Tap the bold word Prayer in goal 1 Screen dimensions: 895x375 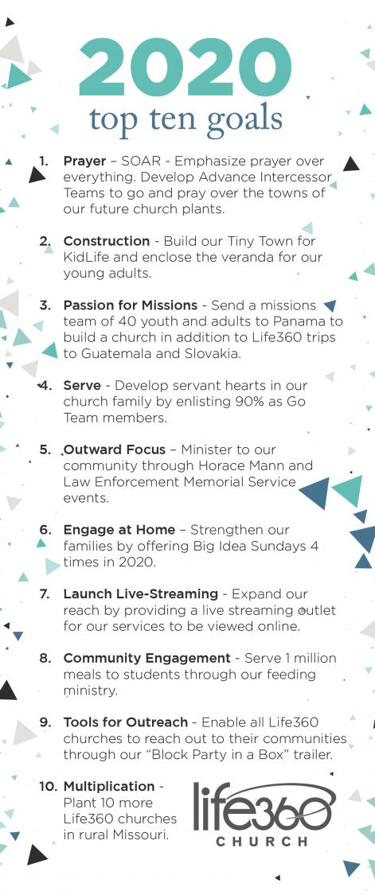(84, 161)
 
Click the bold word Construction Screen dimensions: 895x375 (106, 240)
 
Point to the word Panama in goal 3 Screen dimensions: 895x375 (309, 321)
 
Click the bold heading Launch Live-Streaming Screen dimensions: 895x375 (140, 594)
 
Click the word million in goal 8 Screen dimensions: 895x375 (311, 659)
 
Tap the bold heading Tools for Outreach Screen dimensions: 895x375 (126, 722)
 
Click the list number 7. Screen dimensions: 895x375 (45, 594)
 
